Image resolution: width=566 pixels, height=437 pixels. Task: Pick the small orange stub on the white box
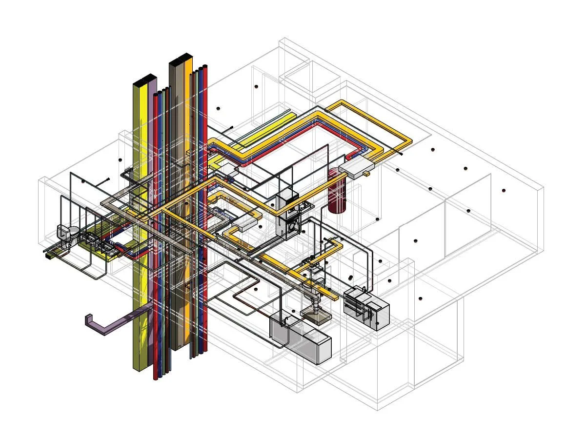(367, 173)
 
